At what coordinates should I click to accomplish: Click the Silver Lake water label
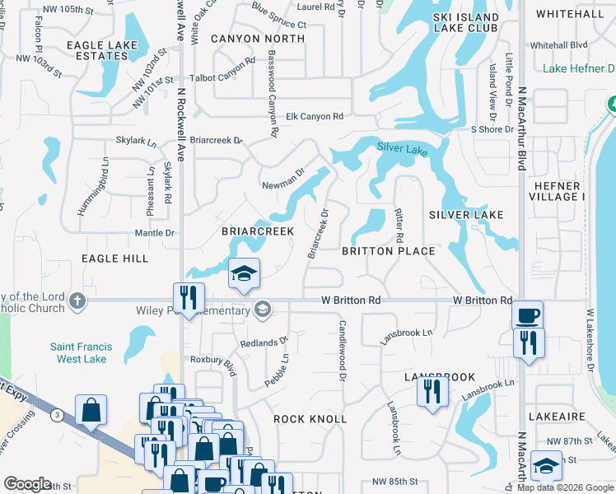coord(403,149)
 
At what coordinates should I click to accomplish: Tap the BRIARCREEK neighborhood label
coord(258,232)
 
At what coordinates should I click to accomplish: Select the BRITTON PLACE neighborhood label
coord(388,251)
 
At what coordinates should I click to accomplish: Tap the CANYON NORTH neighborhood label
coord(258,39)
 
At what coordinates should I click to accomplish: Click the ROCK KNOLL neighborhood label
coord(310,419)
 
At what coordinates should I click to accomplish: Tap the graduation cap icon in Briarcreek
coord(244,273)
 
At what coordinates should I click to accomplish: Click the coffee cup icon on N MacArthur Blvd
coord(527,315)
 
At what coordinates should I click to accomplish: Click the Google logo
coord(28,485)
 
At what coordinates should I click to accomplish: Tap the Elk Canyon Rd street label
coord(314,117)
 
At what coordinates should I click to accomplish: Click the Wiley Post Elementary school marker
coord(263,310)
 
